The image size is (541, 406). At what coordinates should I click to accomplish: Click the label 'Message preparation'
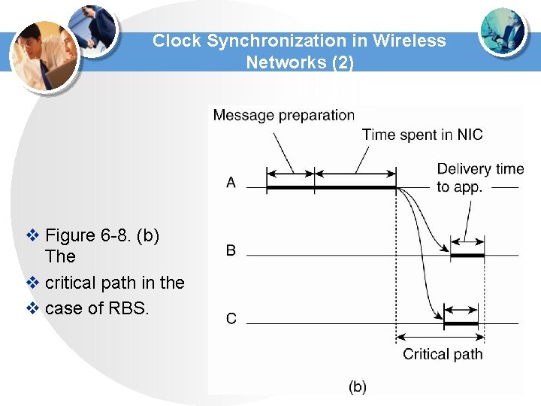point(283,115)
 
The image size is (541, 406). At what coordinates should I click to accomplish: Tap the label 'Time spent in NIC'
point(422,135)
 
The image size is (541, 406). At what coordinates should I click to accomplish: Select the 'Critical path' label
point(443,354)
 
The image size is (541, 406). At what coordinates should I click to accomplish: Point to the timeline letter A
point(231,182)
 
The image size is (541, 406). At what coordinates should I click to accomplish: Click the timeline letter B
point(231,250)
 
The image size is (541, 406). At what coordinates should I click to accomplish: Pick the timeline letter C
point(231,319)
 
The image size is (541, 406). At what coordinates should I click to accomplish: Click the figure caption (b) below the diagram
point(358,386)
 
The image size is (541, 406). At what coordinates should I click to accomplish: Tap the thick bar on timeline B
point(467,256)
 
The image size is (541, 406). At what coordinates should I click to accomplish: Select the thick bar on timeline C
point(461,324)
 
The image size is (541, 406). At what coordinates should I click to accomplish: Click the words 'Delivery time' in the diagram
point(474,169)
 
